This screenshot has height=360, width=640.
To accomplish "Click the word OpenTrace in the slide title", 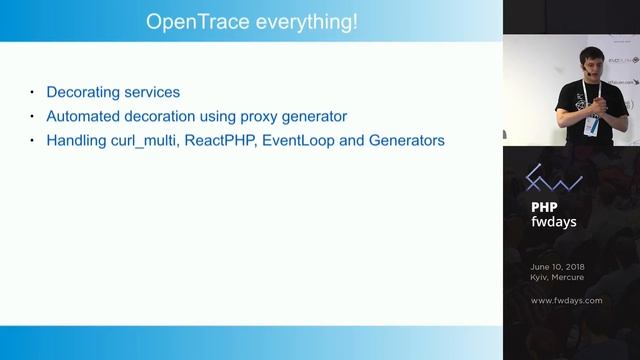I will click(x=190, y=21).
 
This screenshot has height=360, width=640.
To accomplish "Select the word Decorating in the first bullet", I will click(x=83, y=91).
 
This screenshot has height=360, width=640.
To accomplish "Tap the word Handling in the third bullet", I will click(x=75, y=141).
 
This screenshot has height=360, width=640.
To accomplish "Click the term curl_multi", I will click(x=145, y=141).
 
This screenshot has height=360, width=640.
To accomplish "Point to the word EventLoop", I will click(x=304, y=141).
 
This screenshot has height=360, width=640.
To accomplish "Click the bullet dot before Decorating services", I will click(x=31, y=92).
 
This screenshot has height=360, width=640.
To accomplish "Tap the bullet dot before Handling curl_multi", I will click(x=31, y=142).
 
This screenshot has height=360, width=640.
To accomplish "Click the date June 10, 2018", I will click(x=558, y=267).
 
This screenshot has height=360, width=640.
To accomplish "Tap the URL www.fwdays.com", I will click(x=566, y=300).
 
